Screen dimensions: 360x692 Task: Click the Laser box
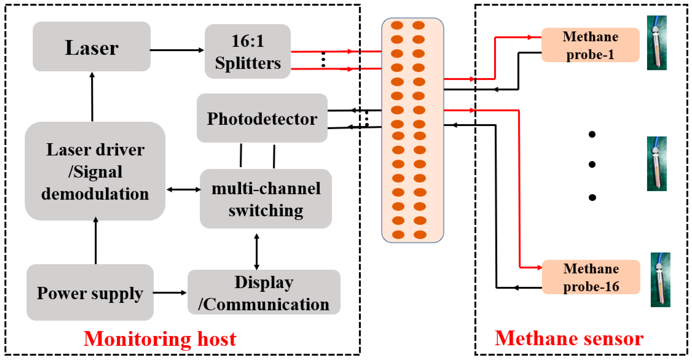tap(92, 47)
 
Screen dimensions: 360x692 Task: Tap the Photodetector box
tap(262, 118)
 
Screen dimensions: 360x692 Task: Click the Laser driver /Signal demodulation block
tap(95, 171)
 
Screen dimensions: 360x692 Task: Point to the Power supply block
tap(90, 292)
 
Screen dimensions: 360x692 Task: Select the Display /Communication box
tap(264, 292)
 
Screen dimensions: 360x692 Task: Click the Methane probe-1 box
tap(590, 45)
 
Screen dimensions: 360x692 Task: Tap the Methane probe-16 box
tap(591, 277)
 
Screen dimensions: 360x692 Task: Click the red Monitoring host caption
tap(160, 339)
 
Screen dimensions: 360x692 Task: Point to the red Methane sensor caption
tap(569, 338)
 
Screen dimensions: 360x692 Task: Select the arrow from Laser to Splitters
tap(177, 50)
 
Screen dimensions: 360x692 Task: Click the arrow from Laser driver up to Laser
tap(92, 97)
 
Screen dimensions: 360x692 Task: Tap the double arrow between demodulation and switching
tap(183, 189)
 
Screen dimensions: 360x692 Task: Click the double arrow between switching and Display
tap(257, 252)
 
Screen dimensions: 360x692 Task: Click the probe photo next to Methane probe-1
tap(657, 43)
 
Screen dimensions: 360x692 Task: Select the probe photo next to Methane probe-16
tap(660, 280)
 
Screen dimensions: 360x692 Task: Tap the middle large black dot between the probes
tap(592, 164)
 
